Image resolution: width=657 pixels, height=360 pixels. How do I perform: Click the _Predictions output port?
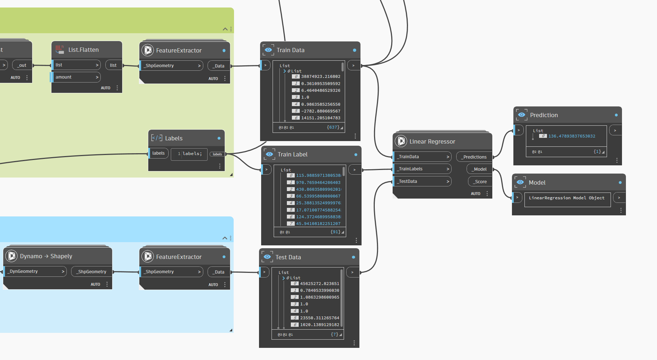click(474, 157)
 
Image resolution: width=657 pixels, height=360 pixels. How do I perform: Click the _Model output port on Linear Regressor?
click(479, 169)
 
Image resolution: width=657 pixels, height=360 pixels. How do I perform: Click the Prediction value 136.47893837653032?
click(572, 136)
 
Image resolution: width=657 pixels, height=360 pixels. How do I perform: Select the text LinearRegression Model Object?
click(567, 198)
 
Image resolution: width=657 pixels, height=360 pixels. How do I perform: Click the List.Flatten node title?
click(84, 50)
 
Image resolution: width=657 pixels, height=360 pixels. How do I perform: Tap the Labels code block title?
click(174, 138)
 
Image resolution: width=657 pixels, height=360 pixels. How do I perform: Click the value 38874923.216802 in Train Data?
click(321, 76)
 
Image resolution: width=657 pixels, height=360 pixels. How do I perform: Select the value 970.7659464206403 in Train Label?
click(318, 182)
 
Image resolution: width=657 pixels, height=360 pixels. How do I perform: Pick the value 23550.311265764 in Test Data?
click(320, 318)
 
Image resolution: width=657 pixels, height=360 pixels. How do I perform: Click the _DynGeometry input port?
click(35, 271)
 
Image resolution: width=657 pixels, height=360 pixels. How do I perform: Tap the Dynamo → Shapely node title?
click(46, 256)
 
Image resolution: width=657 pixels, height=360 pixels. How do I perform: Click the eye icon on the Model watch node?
click(520, 182)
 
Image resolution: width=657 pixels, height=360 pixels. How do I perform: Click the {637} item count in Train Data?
click(333, 127)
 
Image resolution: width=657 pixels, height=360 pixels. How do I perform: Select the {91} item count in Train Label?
click(335, 232)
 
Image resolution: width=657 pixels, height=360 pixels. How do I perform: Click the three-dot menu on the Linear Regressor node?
click(487, 194)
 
